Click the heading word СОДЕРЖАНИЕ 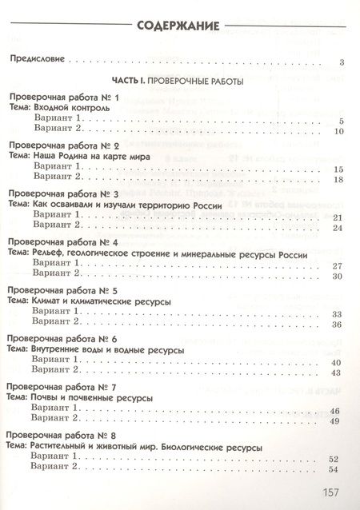pos(178,26)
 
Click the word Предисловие pos(36,60)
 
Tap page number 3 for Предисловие pos(341,62)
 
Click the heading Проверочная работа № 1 pos(62,98)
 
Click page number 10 pos(338,131)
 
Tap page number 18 pos(338,180)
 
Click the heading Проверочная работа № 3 pos(62,194)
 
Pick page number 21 pos(338,217)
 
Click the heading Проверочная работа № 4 pos(62,242)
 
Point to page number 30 pos(338,277)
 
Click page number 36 pos(338,325)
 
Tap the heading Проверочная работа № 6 pos(62,339)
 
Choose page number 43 pos(338,373)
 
